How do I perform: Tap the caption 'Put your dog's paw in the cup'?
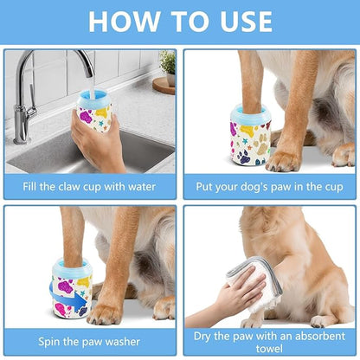[x=267, y=186]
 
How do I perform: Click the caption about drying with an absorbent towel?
[x=267, y=339]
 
